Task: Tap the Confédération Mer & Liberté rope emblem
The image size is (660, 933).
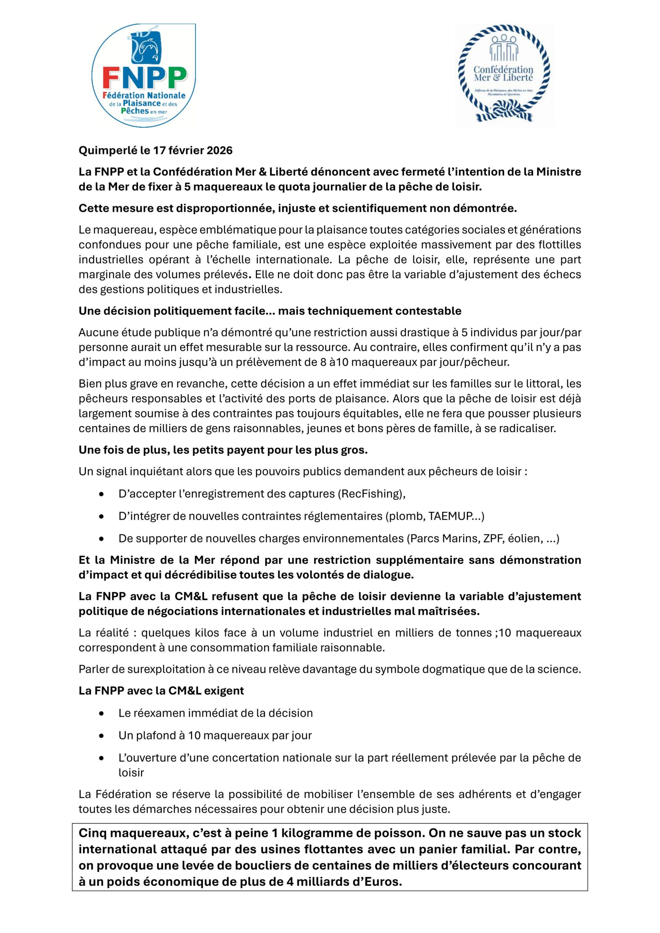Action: tap(504, 75)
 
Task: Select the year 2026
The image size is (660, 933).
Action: tap(219, 151)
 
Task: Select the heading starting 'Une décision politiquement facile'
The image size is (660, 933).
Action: tap(270, 311)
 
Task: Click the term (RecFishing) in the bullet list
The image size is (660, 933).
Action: tap(371, 494)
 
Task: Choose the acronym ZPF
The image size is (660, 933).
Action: tap(493, 538)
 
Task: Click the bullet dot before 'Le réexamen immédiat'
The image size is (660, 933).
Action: tap(101, 714)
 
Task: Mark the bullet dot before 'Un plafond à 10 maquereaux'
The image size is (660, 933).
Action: tap(101, 736)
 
